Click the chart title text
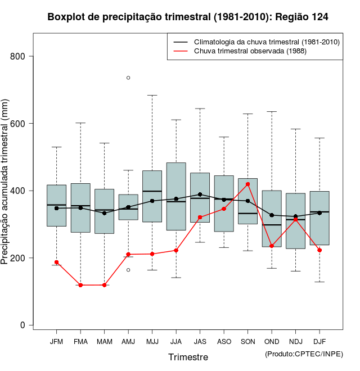pyautogui.click(x=188, y=17)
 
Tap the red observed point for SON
pyautogui.click(x=248, y=184)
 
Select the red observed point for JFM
pyautogui.click(x=56, y=262)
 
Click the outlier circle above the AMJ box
pyautogui.click(x=128, y=78)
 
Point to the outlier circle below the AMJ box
pyautogui.click(x=128, y=270)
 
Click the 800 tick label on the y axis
pyautogui.click(x=17, y=56)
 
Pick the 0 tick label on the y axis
pyautogui.click(x=22, y=325)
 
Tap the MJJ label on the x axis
pyautogui.click(x=152, y=341)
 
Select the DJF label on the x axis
pyautogui.click(x=319, y=341)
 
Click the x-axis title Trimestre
pyautogui.click(x=188, y=357)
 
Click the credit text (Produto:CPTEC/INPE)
pyautogui.click(x=304, y=354)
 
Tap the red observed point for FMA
pyautogui.click(x=80, y=285)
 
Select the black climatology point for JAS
pyautogui.click(x=200, y=194)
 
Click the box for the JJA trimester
pyautogui.click(x=176, y=196)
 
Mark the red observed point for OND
pyautogui.click(x=272, y=246)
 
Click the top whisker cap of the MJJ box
pyautogui.click(x=152, y=96)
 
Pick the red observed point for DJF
pyautogui.click(x=319, y=250)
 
